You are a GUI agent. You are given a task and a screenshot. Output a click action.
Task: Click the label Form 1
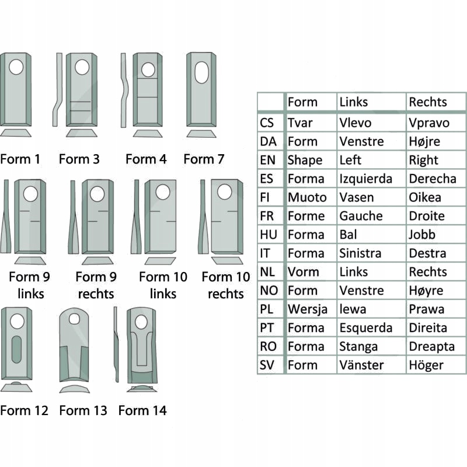20,159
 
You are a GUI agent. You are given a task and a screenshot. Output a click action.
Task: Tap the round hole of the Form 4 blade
148,70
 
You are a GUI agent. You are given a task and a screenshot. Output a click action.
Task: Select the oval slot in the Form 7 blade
201,74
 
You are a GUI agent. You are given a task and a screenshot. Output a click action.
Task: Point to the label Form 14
142,410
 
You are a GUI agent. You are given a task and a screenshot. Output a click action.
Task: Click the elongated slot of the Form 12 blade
16,350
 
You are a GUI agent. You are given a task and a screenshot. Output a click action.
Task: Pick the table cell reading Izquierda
365,179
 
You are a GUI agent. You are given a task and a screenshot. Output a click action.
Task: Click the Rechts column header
428,102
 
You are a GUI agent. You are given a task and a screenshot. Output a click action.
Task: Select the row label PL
267,309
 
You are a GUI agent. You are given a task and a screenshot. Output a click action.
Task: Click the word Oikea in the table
425,197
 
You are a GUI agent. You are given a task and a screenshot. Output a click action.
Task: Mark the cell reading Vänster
361,365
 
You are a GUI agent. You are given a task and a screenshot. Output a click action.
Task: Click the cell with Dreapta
431,346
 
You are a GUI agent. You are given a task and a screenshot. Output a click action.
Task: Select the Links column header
354,102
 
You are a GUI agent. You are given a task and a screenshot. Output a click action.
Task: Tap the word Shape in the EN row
305,160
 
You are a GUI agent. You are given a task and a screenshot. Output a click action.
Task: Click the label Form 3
79,159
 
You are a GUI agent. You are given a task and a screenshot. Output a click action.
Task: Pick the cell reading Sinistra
360,253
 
